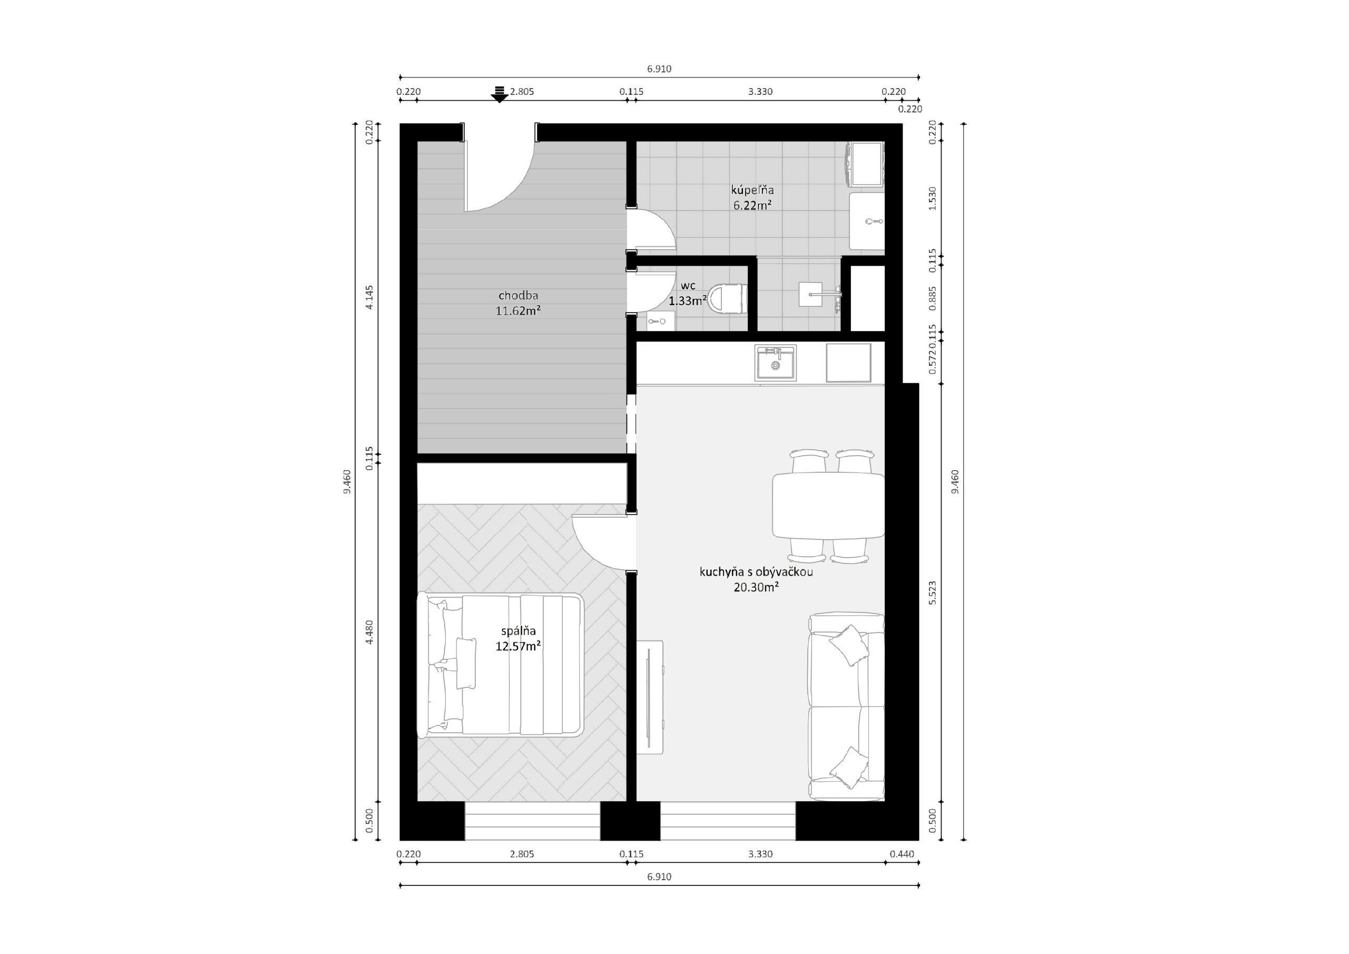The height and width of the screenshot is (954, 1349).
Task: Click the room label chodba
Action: pos(518,296)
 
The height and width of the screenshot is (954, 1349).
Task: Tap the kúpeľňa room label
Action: pos(752,190)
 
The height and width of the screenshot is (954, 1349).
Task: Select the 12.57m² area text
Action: pos(518,647)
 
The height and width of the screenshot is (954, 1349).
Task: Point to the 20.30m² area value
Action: pos(756,587)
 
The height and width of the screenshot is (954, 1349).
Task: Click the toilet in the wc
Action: pos(727,299)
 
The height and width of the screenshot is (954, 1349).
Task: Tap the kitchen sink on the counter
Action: pos(776,363)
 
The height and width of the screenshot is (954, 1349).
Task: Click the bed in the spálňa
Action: pos(501,665)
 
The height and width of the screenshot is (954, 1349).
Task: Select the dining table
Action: pos(828,505)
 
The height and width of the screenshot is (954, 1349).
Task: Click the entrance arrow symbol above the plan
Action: pos(500,94)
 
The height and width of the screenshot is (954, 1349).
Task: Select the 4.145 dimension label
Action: pos(369,297)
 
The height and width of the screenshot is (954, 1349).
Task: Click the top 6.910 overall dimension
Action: pos(659,69)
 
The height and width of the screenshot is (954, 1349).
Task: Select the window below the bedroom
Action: pos(532,821)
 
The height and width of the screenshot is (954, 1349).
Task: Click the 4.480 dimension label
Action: pos(369,632)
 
